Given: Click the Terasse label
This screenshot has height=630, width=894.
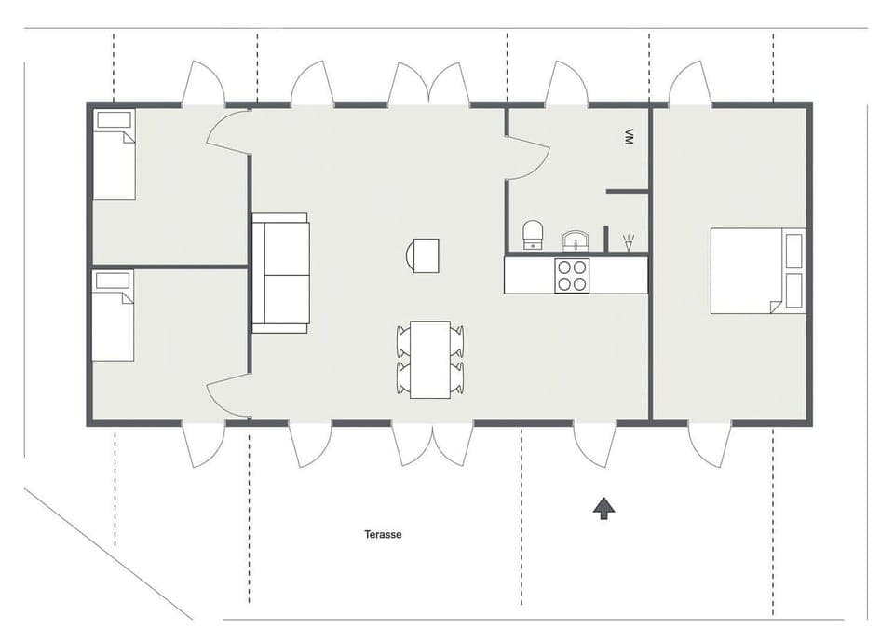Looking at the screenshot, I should tap(383, 535).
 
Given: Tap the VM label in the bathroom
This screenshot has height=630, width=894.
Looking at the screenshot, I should tap(630, 136).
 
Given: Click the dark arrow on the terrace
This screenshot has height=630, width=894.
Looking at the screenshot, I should tap(603, 508).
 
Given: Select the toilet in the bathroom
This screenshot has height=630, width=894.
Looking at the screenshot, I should tap(533, 235).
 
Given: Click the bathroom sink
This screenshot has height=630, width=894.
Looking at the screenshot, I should tap(576, 241).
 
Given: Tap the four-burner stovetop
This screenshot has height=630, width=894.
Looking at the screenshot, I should tap(572, 275).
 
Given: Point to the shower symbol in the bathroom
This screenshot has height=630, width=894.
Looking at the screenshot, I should tap(629, 243).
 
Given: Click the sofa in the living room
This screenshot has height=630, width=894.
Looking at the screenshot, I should tap(280, 273).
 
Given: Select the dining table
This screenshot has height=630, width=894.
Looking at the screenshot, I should tap(429, 359).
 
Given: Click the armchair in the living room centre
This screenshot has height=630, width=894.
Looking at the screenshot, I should tap(424, 255).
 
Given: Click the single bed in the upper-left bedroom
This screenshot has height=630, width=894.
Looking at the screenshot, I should tap(114, 155).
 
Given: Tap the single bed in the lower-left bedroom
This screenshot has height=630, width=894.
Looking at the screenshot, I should tap(113, 315).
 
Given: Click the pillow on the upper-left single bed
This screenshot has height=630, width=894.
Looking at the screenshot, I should tap(114, 120).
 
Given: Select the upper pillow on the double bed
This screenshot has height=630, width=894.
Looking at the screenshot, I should tap(794, 251).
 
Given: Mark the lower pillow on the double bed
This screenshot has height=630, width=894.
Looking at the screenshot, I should tap(794, 290).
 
